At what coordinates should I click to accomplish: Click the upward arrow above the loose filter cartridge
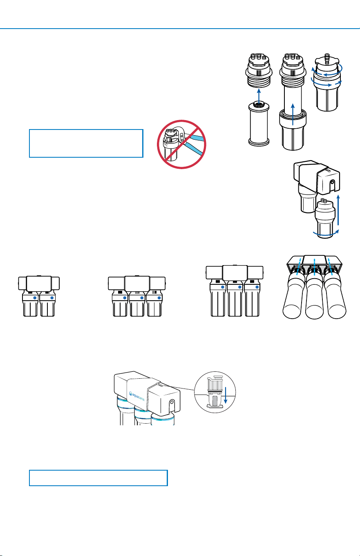point(259,96)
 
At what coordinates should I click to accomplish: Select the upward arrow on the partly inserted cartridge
point(293,114)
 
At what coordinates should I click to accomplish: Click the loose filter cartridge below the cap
point(259,124)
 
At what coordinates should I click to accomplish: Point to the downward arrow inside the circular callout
point(226,395)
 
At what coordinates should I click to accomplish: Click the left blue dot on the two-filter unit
point(35,297)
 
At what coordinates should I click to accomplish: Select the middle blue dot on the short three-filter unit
point(142,297)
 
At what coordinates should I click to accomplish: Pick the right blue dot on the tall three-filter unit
point(257,287)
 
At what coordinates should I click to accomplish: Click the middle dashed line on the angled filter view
point(314,267)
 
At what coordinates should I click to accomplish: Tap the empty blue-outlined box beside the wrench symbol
point(86,143)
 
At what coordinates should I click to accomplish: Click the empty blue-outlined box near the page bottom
point(98,478)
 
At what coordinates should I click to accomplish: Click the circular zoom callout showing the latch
point(215,392)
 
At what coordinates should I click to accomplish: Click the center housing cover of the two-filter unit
point(39,284)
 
